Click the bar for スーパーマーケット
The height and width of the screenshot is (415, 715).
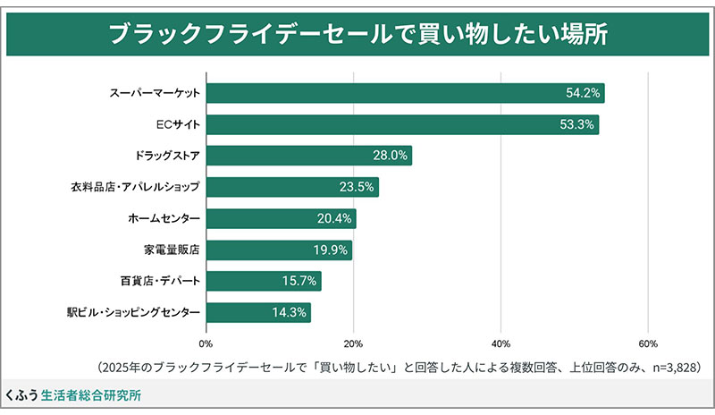coord(402,93)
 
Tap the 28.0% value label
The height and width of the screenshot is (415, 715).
coord(390,156)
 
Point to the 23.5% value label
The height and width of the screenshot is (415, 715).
coord(356,187)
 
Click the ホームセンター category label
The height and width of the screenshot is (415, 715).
coord(164,218)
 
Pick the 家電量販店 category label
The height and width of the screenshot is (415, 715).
coord(172,250)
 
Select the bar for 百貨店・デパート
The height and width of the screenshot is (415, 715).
coord(264,281)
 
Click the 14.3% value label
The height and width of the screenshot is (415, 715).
coord(289,312)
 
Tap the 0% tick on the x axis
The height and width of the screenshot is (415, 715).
coord(206,343)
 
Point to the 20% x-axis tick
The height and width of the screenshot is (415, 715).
coord(353,343)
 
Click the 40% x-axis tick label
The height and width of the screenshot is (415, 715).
coord(500,343)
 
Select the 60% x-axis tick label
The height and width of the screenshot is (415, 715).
coord(648,343)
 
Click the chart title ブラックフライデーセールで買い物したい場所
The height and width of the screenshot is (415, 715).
coord(357,34)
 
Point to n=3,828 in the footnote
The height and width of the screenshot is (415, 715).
coord(671,367)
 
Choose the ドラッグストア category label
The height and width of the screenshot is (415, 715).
coord(167,156)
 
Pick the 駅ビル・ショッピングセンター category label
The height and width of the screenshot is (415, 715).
coord(132,312)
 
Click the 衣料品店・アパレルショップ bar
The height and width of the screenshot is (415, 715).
coord(292,187)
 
